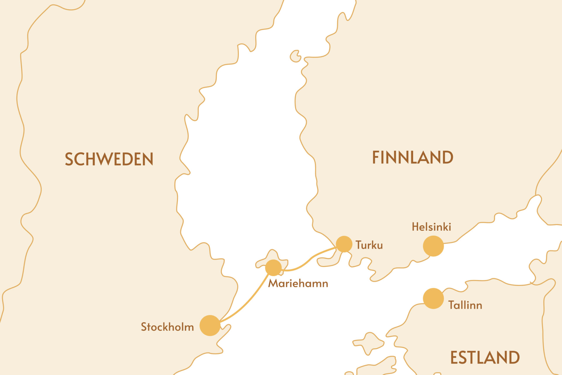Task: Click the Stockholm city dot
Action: tap(210, 325)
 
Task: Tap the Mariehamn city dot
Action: tap(273, 267)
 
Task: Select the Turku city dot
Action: tap(344, 244)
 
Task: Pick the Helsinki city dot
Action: tap(433, 246)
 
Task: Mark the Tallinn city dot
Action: tap(433, 298)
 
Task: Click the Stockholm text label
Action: tap(167, 327)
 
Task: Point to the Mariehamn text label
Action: tap(298, 283)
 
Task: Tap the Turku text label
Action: tap(369, 245)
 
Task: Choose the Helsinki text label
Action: tap(431, 227)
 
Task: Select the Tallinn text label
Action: tap(465, 305)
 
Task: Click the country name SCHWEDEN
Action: tap(109, 159)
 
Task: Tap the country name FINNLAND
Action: tap(412, 157)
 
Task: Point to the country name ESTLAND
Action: tap(485, 357)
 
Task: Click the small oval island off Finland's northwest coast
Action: tap(295, 56)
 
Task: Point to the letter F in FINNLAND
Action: tap(376, 157)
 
